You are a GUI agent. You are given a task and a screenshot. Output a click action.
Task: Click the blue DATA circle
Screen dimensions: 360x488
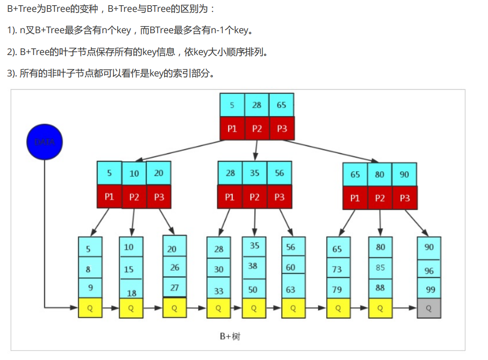(x=45, y=141)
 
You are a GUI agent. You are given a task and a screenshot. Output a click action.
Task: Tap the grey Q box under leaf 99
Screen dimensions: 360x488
(x=429, y=308)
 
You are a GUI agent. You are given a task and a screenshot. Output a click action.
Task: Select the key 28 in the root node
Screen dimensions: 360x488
(x=257, y=105)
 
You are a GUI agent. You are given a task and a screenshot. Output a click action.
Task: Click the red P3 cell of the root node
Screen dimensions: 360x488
(x=282, y=129)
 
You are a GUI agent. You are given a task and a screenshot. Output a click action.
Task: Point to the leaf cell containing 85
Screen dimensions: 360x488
(x=380, y=268)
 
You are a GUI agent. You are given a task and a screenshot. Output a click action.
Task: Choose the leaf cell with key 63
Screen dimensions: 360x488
(x=291, y=289)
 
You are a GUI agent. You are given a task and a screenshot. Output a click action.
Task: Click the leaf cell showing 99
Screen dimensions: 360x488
(x=429, y=289)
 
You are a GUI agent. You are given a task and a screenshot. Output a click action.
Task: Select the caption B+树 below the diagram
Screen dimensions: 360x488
(x=230, y=336)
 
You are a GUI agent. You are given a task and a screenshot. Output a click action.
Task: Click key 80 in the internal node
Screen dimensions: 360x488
(x=380, y=174)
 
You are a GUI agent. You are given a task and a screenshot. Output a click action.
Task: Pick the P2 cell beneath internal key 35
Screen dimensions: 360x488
(x=255, y=196)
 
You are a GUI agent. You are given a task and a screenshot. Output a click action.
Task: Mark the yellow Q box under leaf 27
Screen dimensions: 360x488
(x=175, y=308)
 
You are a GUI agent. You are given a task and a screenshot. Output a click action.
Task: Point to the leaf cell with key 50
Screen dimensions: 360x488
(x=253, y=289)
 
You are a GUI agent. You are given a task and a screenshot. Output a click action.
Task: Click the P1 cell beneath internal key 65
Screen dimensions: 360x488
(x=355, y=198)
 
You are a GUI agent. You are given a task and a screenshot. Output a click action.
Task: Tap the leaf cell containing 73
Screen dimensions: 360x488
(x=337, y=269)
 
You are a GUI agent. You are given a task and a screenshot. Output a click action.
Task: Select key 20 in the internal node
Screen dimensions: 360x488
(x=158, y=173)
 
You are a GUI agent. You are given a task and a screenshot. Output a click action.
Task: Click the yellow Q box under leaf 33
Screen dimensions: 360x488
(x=218, y=308)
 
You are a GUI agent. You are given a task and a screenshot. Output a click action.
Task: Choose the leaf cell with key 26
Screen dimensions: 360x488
(x=175, y=268)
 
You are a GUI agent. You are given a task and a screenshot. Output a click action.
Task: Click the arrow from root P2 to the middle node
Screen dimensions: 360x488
(x=256, y=150)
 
